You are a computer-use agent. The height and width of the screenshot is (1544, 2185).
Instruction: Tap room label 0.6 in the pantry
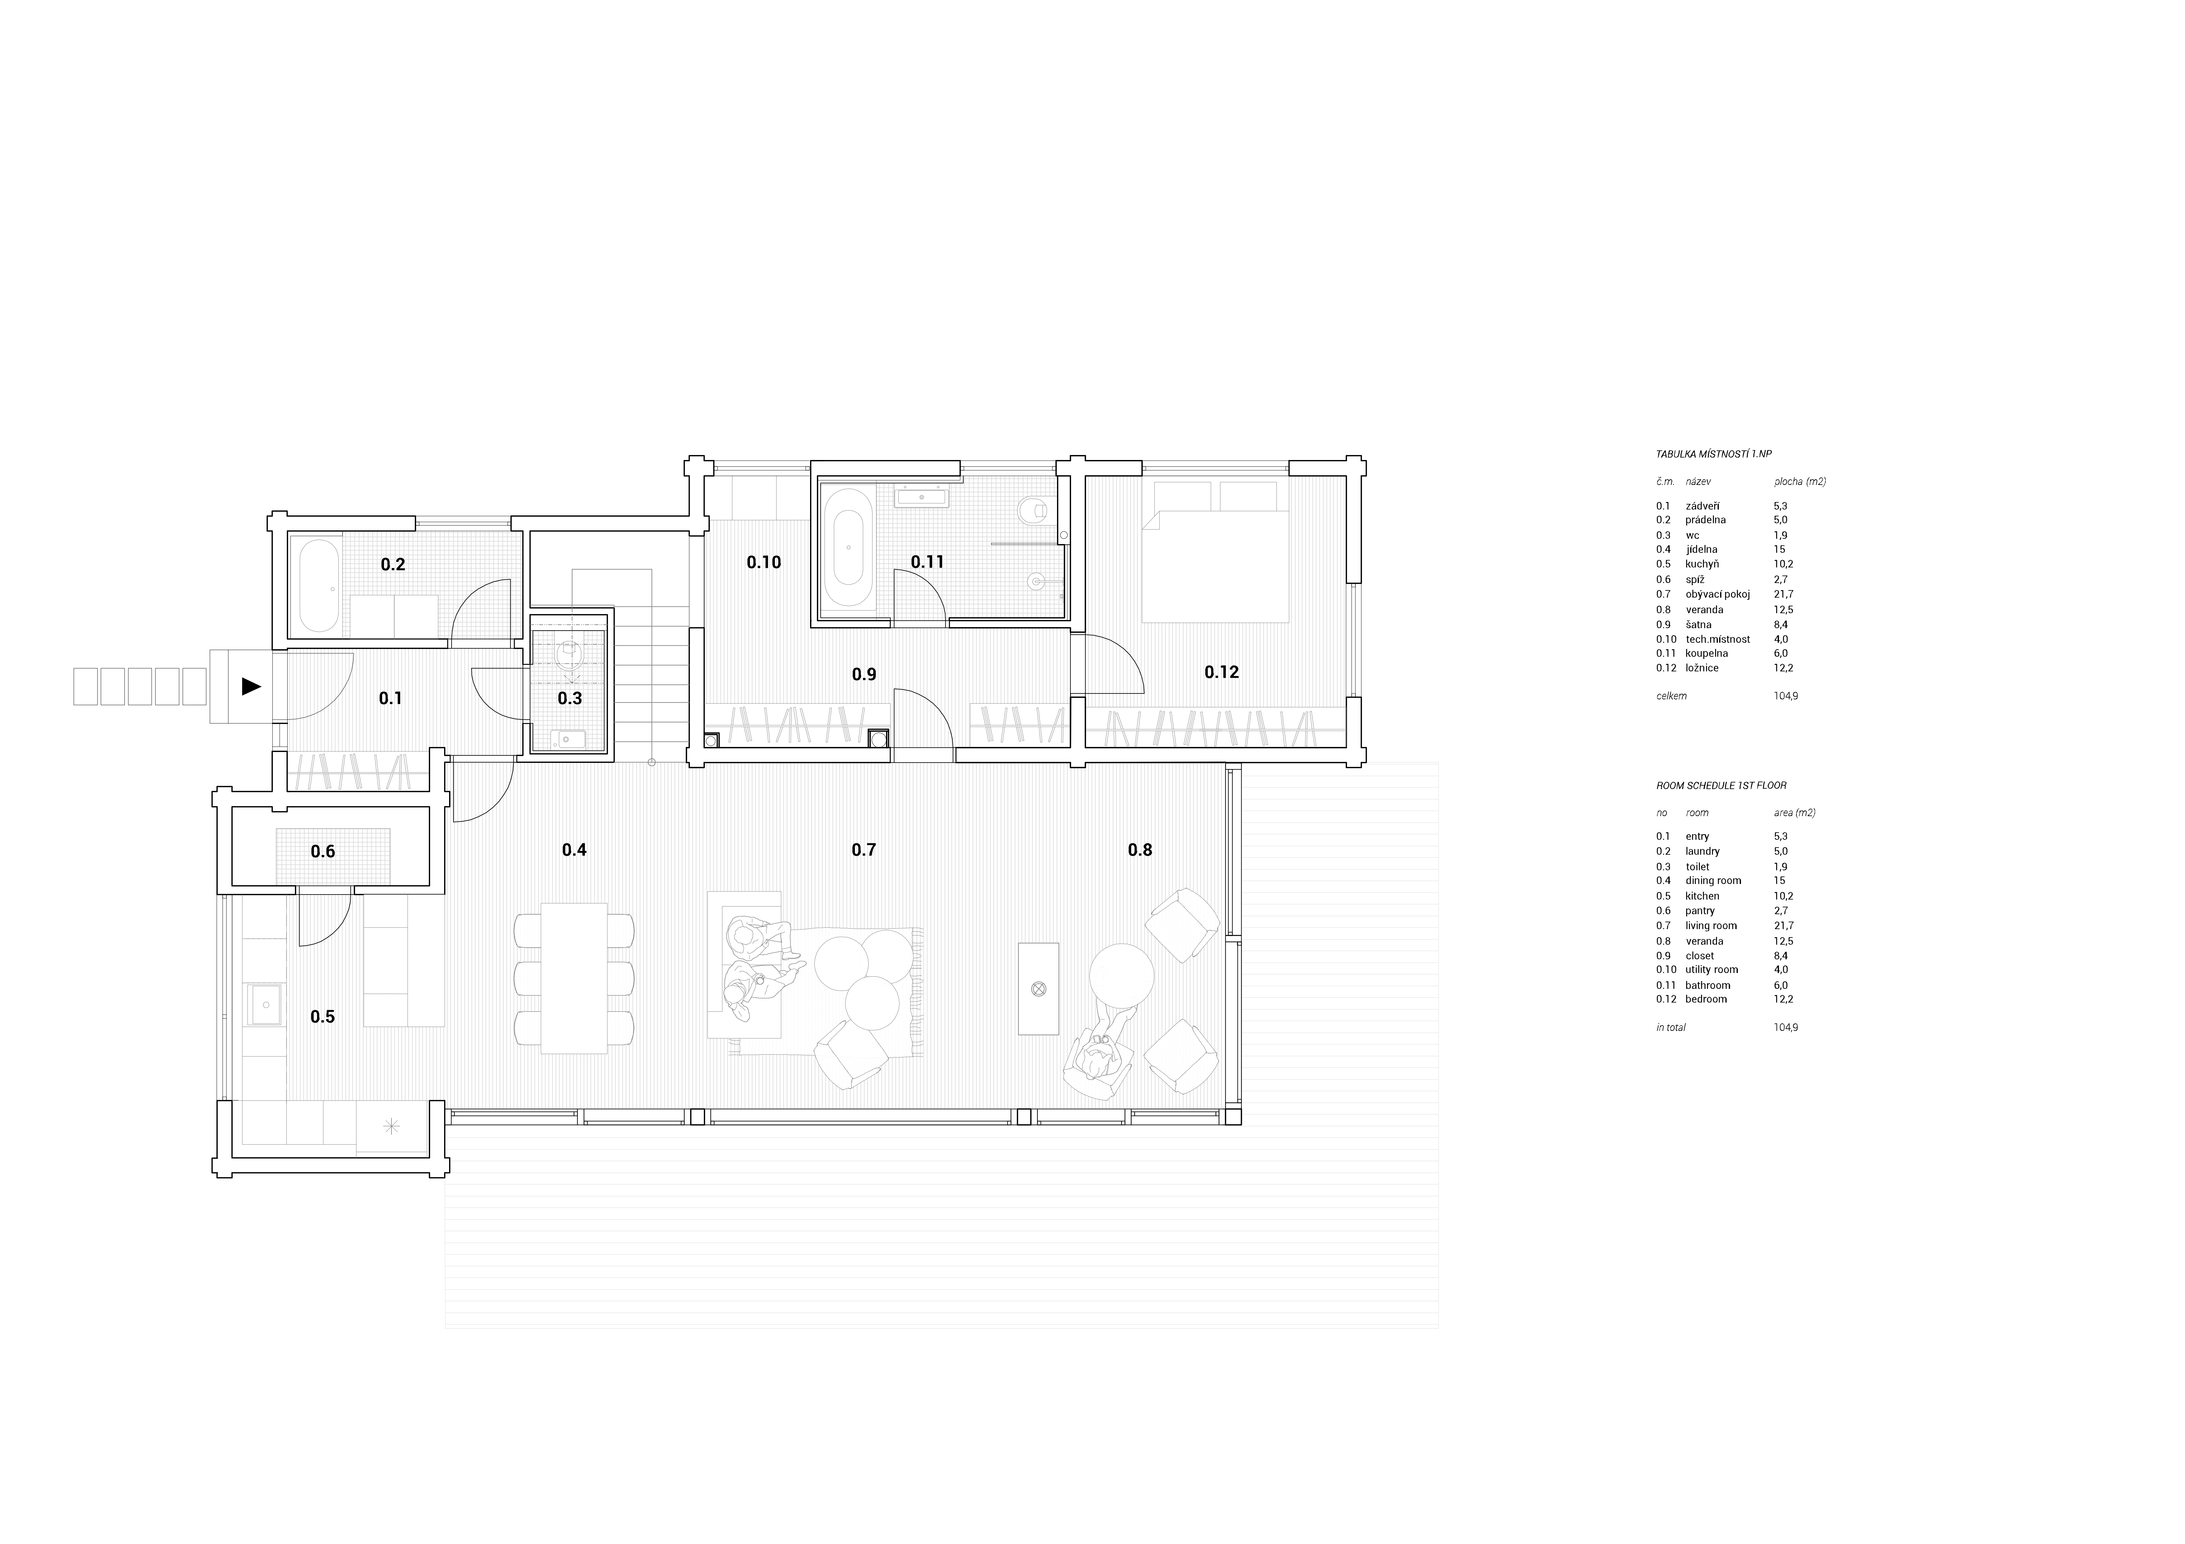(x=323, y=852)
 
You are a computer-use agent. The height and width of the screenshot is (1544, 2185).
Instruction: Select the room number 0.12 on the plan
(x=1222, y=672)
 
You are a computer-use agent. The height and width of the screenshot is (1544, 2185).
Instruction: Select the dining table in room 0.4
(x=574, y=978)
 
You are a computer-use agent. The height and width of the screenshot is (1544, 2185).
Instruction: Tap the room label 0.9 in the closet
(x=864, y=674)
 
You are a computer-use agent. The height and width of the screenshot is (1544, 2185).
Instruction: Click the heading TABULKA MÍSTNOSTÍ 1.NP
(x=1713, y=455)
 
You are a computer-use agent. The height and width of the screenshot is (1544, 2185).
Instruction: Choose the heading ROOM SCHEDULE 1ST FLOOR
(x=1721, y=786)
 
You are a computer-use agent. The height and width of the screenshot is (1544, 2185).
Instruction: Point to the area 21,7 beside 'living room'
(x=1783, y=926)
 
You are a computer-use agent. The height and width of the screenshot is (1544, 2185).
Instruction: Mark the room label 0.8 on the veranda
(x=1140, y=850)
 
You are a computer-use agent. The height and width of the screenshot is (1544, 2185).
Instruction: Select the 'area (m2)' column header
(x=1795, y=812)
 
